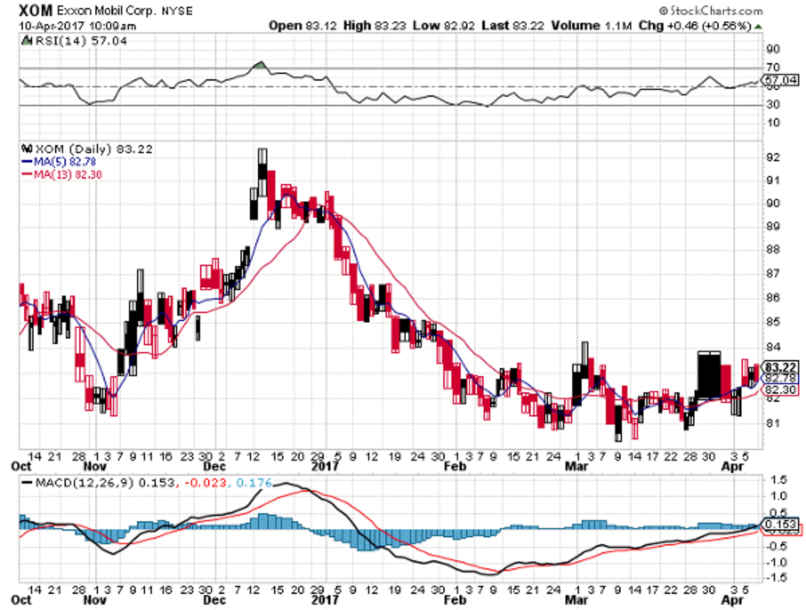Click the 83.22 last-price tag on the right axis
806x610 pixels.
(x=782, y=367)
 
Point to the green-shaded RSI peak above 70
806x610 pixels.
(x=260, y=65)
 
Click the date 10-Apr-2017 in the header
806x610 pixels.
(x=40, y=26)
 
